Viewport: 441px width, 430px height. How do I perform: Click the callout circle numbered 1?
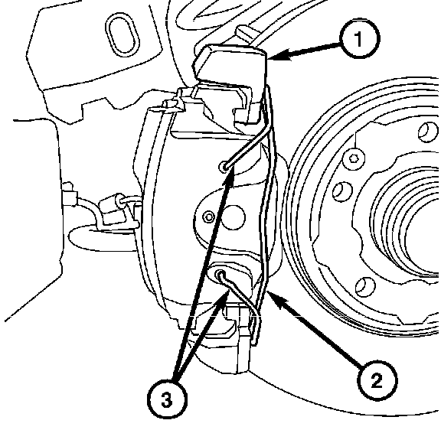[359, 38]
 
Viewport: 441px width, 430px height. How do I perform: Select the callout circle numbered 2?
[377, 380]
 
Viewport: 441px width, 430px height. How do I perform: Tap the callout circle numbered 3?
[167, 399]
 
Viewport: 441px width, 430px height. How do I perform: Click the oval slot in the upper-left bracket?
[122, 35]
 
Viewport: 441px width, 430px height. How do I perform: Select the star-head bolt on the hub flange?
[353, 159]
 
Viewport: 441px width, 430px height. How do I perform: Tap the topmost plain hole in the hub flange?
[427, 132]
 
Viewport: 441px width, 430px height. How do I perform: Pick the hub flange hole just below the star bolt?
[342, 192]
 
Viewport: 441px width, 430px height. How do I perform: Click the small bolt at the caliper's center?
[209, 217]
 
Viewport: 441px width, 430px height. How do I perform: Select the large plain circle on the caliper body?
[232, 217]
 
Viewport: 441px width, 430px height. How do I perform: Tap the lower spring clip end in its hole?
[220, 274]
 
